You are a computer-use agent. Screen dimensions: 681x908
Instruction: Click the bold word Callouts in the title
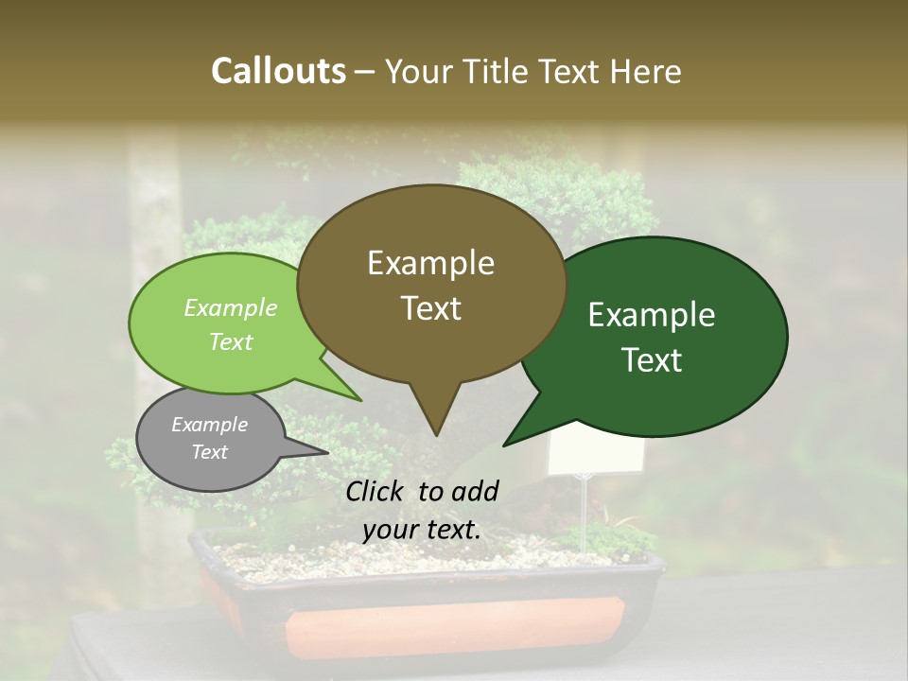coord(278,71)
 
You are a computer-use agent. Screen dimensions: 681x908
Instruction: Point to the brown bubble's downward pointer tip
coord(436,434)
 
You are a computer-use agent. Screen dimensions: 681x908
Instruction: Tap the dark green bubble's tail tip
coord(505,445)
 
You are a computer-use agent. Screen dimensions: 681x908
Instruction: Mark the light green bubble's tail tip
coord(361,400)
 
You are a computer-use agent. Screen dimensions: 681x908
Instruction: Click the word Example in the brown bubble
coord(430,263)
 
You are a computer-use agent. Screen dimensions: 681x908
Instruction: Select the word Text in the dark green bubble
coord(653,360)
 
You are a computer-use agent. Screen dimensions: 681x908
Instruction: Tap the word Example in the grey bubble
coord(209,425)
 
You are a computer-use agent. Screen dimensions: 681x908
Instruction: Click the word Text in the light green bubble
coord(231,342)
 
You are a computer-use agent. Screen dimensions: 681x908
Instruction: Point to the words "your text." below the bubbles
coord(422,529)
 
